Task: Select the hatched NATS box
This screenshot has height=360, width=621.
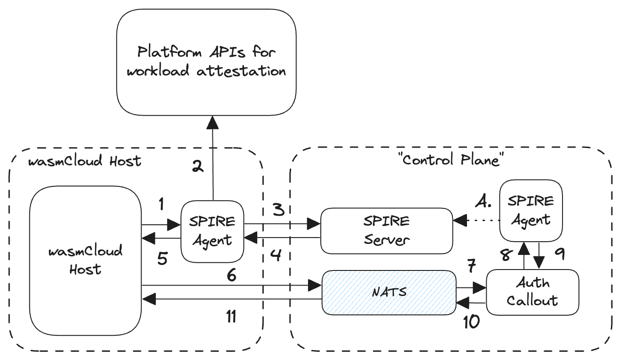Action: [389, 292]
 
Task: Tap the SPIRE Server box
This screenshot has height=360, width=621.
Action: [387, 230]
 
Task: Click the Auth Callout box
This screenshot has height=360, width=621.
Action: [532, 292]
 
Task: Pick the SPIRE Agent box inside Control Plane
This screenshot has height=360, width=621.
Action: [531, 211]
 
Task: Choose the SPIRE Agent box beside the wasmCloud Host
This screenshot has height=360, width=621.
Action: [212, 231]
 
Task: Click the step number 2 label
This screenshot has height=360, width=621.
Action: [197, 167]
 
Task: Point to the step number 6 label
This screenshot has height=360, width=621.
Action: [232, 275]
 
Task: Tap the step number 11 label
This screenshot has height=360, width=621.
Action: [231, 317]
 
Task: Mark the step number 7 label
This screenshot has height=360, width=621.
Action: [471, 266]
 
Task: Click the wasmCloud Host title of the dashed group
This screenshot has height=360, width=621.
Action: [85, 162]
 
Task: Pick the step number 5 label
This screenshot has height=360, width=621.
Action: [163, 258]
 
